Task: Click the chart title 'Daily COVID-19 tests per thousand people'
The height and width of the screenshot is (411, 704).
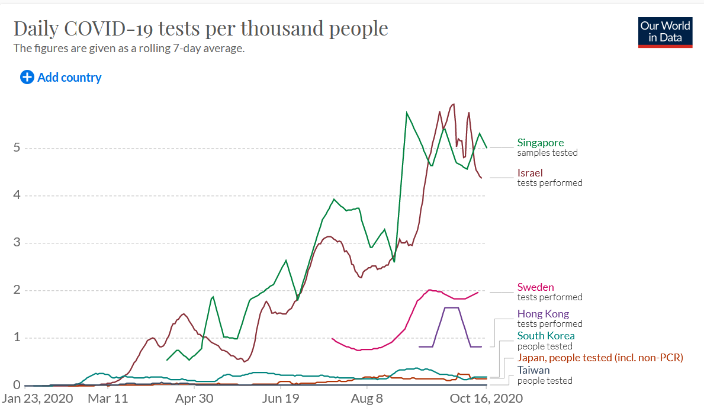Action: [201, 28]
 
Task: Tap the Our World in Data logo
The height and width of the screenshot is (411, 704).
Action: [665, 32]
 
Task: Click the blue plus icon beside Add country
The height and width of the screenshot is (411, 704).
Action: [27, 77]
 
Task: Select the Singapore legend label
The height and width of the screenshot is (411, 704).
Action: [540, 143]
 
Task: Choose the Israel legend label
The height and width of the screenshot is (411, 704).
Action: [530, 173]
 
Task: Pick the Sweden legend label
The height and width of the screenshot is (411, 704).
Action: [535, 287]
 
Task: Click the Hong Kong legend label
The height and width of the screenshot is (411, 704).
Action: [543, 314]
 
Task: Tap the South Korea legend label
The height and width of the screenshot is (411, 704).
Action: [545, 336]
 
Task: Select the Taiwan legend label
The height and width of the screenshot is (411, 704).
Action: [533, 370]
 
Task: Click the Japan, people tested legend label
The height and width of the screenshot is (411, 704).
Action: [600, 358]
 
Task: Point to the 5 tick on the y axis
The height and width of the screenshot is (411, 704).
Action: [17, 148]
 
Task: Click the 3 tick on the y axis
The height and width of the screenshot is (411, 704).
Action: [17, 243]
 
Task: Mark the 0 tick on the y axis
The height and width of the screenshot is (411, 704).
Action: [17, 386]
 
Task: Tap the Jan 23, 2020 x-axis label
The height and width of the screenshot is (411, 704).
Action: [37, 399]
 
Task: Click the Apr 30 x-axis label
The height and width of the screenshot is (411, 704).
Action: [194, 399]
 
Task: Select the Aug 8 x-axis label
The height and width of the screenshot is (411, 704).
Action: [367, 399]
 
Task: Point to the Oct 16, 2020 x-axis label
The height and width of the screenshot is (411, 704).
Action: [486, 399]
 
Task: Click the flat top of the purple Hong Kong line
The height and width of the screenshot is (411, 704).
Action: [451, 308]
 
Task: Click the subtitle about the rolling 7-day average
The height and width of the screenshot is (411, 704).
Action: [129, 49]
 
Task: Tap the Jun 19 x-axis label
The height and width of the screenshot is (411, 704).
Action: [280, 399]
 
